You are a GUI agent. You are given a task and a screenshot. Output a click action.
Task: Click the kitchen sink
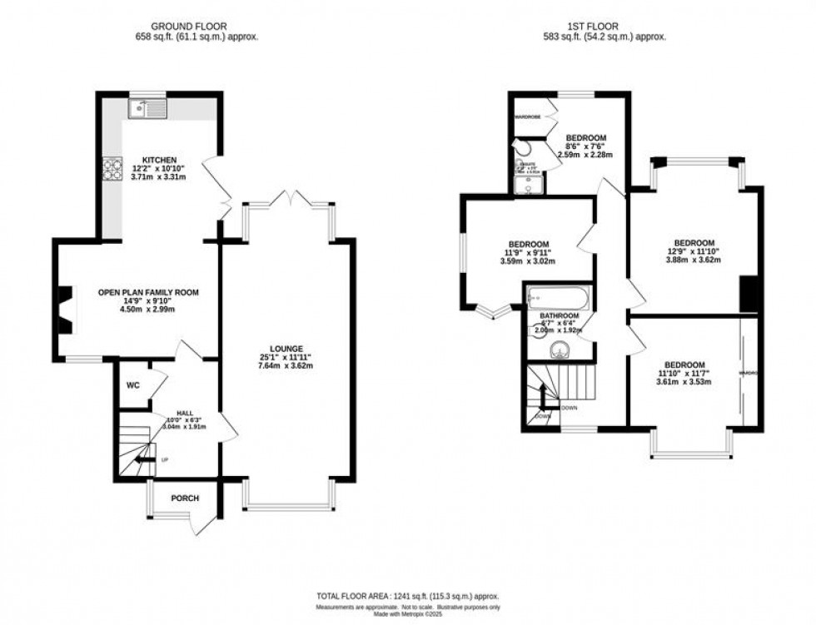(x=148, y=107)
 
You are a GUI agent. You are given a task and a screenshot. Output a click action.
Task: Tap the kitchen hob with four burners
(x=112, y=169)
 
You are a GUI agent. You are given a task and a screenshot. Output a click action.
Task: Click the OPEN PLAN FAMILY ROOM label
(x=148, y=292)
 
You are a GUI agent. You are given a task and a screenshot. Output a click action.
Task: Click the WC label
(x=133, y=385)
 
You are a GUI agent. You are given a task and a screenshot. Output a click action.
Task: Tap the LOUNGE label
(x=285, y=349)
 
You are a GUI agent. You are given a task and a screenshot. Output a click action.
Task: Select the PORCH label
(x=185, y=499)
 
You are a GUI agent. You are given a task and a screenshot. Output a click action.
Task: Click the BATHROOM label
(x=559, y=316)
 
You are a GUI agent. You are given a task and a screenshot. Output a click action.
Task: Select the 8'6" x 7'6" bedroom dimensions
(x=586, y=146)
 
